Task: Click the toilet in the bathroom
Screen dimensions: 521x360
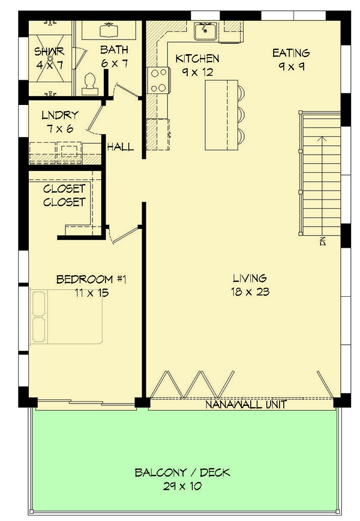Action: pyautogui.click(x=91, y=83)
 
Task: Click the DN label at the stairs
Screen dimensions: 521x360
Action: pyautogui.click(x=322, y=242)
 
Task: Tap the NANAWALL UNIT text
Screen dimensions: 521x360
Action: pyautogui.click(x=245, y=405)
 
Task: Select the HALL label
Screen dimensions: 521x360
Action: pyautogui.click(x=120, y=147)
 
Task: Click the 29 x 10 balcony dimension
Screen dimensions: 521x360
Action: pyautogui.click(x=182, y=486)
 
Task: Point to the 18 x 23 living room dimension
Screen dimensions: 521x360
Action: pyautogui.click(x=250, y=292)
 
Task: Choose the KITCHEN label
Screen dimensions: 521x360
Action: pyautogui.click(x=197, y=58)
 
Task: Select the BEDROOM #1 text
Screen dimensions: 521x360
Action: pyautogui.click(x=91, y=279)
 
